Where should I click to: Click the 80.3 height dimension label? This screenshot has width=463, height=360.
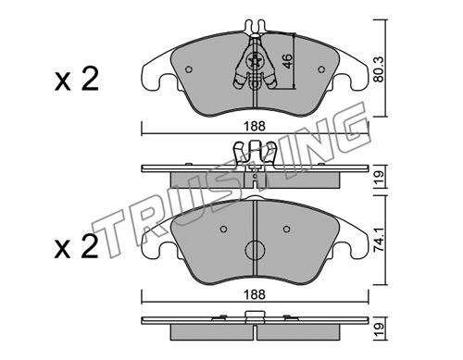coord(379,69)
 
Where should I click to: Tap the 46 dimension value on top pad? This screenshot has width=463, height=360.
coord(287,61)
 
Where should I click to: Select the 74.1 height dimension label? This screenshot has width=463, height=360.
coord(379,240)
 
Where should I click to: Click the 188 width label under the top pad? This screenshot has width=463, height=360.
coord(255,126)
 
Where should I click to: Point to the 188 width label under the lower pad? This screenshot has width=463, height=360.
coord(255,294)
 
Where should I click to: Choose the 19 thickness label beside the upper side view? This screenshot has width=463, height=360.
coord(380,178)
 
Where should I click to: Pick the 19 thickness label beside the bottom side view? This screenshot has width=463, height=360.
coord(380,329)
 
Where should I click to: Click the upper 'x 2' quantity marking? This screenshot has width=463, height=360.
coord(77,80)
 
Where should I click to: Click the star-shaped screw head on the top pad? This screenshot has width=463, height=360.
coord(256,61)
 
